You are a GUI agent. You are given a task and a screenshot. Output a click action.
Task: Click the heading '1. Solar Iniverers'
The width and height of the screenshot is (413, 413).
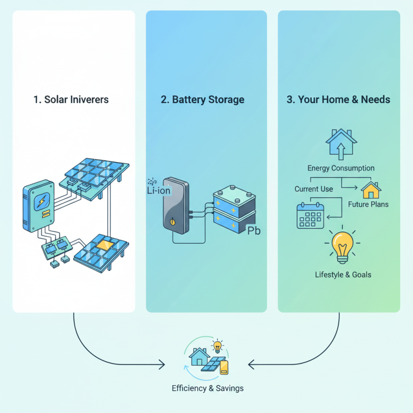71,100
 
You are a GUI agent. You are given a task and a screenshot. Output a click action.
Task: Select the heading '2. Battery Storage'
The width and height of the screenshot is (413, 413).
202,100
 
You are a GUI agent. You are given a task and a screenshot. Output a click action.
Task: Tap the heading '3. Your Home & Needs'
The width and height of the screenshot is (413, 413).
339,100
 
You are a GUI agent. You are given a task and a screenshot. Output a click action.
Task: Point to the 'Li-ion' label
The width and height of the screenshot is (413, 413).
159,190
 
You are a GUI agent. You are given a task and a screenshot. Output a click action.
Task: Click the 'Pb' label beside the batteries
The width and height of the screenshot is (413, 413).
255,230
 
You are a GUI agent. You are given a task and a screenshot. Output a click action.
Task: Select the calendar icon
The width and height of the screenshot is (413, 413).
310,215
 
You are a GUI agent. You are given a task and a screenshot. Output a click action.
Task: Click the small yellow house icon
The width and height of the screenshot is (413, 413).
371,189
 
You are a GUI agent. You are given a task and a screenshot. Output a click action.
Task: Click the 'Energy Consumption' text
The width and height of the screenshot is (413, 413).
341,168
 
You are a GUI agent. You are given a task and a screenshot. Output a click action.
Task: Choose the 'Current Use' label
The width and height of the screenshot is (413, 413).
314,189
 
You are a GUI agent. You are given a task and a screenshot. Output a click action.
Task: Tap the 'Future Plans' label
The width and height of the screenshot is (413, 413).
369,204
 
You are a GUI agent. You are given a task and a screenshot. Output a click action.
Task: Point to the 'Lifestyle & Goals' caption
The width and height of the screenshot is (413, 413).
343,275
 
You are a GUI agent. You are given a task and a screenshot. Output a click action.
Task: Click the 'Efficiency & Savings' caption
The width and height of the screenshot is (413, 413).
208,388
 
